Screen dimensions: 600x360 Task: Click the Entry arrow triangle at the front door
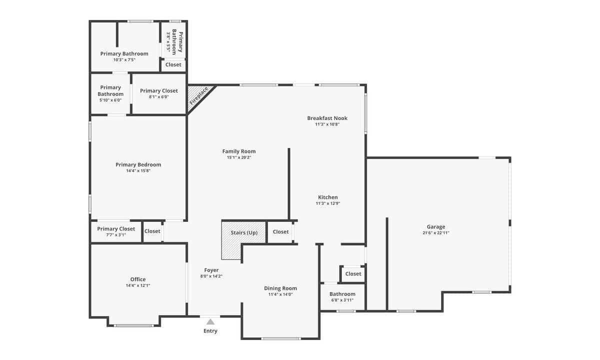point(210,321)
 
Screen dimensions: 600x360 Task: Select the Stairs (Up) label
point(244,232)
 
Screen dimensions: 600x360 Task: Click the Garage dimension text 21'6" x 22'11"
point(436,233)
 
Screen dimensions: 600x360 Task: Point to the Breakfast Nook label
point(327,118)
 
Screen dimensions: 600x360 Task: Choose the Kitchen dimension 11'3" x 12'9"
point(328,203)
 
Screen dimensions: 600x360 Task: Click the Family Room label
point(239,151)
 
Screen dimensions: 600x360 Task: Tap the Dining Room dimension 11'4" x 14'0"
point(280,294)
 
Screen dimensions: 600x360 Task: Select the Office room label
point(138,279)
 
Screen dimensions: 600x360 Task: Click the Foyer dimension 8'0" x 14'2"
point(211,276)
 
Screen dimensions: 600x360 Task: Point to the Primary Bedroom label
point(138,164)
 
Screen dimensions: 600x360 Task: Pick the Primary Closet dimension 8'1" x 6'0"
point(159,96)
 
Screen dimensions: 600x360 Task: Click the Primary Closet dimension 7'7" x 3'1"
point(116,235)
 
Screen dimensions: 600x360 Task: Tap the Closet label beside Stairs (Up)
point(280,231)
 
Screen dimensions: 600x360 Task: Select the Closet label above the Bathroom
point(353,274)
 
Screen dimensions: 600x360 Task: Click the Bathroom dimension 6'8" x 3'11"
point(342,300)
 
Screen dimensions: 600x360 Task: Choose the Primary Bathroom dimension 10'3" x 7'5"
point(124,59)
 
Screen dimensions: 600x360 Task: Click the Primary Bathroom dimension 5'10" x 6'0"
point(110,100)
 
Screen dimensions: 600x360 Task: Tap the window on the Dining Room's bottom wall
point(280,338)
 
